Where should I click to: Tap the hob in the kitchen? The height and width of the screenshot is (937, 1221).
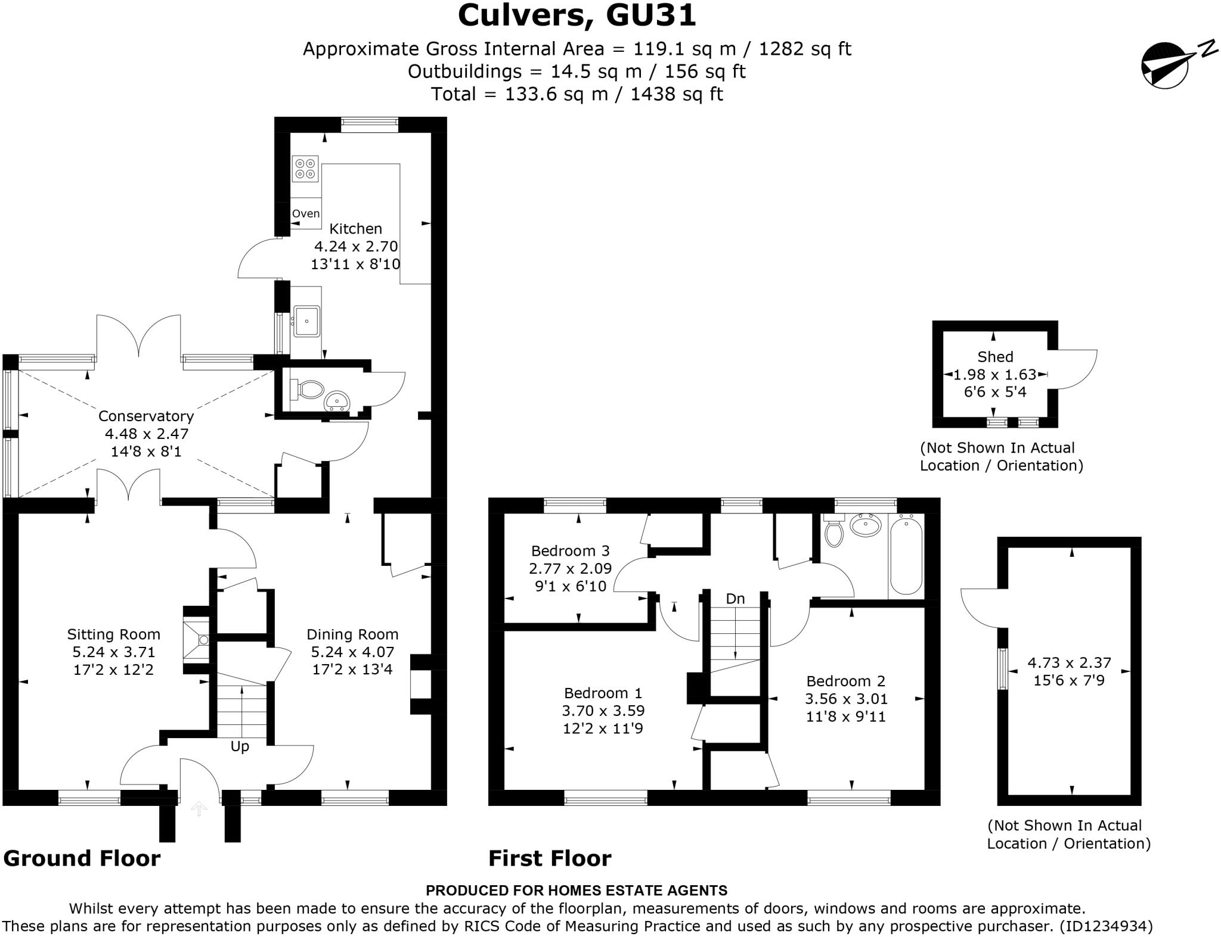(x=305, y=169)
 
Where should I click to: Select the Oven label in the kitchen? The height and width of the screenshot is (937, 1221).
(x=306, y=213)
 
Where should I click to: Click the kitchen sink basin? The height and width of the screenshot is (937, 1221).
(x=307, y=321)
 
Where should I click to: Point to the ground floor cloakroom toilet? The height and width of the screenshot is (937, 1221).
(x=309, y=390)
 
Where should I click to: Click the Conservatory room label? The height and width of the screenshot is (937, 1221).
(x=146, y=416)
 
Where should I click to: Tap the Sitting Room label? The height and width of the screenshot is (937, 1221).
(x=113, y=634)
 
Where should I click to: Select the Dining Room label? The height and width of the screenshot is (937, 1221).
(x=352, y=634)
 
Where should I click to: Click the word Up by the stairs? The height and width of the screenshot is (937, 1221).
(x=240, y=746)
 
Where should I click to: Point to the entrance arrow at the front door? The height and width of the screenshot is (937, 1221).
(x=199, y=808)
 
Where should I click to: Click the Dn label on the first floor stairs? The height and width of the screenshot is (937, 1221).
(x=735, y=599)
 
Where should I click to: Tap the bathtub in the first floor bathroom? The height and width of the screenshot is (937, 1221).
(x=906, y=556)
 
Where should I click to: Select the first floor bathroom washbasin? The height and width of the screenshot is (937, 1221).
(x=866, y=525)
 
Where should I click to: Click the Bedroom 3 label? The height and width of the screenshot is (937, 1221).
(x=571, y=550)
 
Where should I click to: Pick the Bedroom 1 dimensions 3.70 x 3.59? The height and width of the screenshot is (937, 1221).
(x=603, y=711)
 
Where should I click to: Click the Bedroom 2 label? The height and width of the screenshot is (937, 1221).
(x=845, y=681)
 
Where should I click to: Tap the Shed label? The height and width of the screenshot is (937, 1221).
(x=995, y=357)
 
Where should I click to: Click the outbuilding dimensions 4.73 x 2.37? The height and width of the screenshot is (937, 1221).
(x=1069, y=662)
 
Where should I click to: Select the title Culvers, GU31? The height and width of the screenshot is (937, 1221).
(x=577, y=15)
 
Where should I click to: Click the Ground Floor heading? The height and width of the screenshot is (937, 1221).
(x=82, y=858)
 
